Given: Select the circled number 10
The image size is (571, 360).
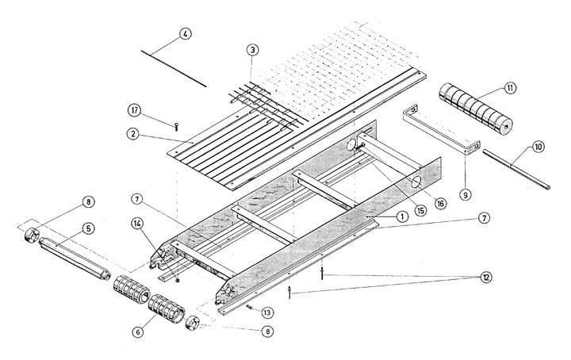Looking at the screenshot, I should (538, 147).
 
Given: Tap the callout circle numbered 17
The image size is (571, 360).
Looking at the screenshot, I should (133, 109).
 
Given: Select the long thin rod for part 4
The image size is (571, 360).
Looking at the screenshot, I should (174, 66).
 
